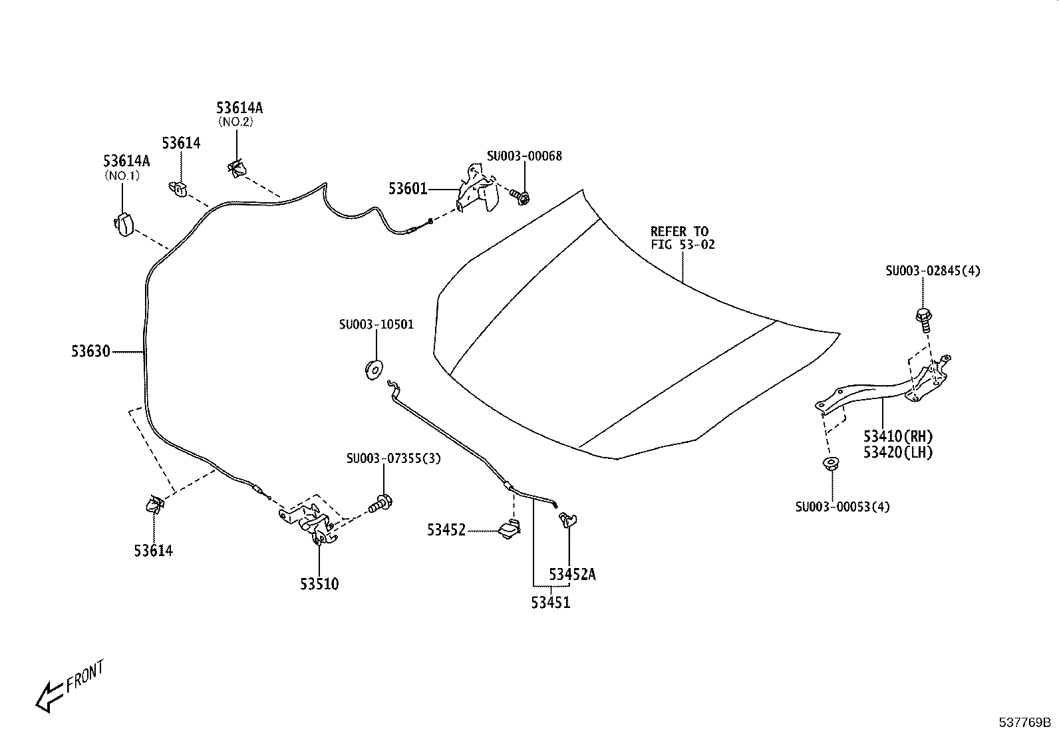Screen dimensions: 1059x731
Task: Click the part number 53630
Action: click(90, 351)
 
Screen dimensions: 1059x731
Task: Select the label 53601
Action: click(408, 189)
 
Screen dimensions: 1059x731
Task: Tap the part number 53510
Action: click(319, 584)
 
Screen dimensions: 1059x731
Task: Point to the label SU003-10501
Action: click(377, 325)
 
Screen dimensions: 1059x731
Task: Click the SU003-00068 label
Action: click(525, 156)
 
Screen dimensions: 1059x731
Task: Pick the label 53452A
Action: click(572, 575)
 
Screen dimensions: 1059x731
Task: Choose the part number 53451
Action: click(551, 603)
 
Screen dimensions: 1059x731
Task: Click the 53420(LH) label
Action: click(898, 452)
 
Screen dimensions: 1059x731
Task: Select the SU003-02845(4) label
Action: click(933, 271)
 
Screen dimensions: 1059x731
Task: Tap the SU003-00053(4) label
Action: click(842, 507)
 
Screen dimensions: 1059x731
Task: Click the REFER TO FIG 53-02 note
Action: click(682, 238)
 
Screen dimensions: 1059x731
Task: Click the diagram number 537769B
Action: click(1024, 722)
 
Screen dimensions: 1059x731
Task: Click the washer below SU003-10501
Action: click(374, 368)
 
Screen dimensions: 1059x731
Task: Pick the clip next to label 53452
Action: click(509, 529)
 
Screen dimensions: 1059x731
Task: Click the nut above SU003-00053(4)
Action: click(831, 464)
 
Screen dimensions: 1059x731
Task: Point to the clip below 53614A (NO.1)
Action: click(124, 224)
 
